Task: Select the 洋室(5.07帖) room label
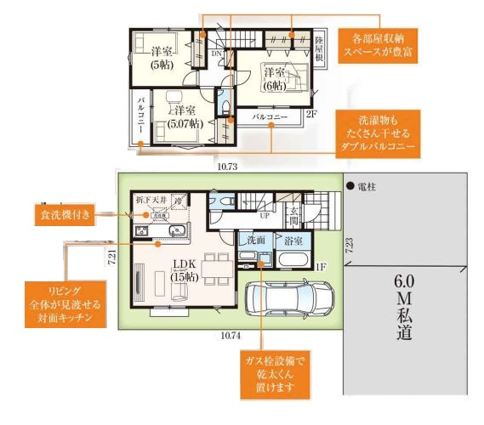click(x=183, y=117)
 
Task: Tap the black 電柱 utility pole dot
click(x=349, y=184)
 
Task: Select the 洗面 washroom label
click(x=257, y=241)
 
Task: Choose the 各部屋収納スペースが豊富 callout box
click(x=375, y=45)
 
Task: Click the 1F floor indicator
click(x=320, y=267)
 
